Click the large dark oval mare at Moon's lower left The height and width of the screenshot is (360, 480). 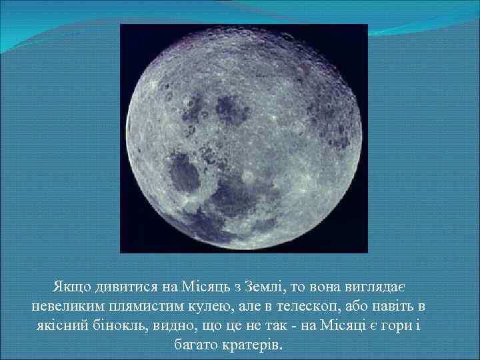click(185, 172)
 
